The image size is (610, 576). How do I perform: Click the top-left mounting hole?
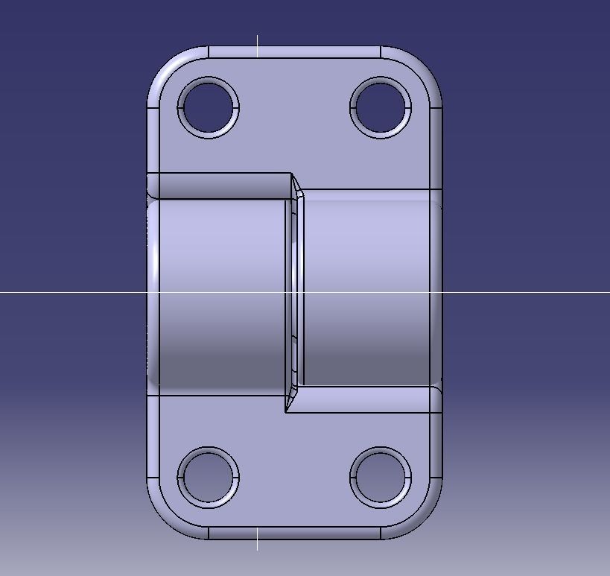(x=208, y=107)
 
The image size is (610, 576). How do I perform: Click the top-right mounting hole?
(x=381, y=107)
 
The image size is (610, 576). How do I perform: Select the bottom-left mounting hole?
(x=208, y=478)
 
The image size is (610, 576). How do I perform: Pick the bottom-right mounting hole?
(x=381, y=478)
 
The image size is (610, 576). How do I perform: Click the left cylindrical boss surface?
(x=220, y=291)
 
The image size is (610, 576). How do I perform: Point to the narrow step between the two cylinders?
(x=296, y=291)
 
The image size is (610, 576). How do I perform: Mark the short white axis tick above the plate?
(x=258, y=40)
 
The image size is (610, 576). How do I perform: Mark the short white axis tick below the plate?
(x=258, y=544)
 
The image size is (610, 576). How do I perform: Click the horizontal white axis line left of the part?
(x=74, y=294)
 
